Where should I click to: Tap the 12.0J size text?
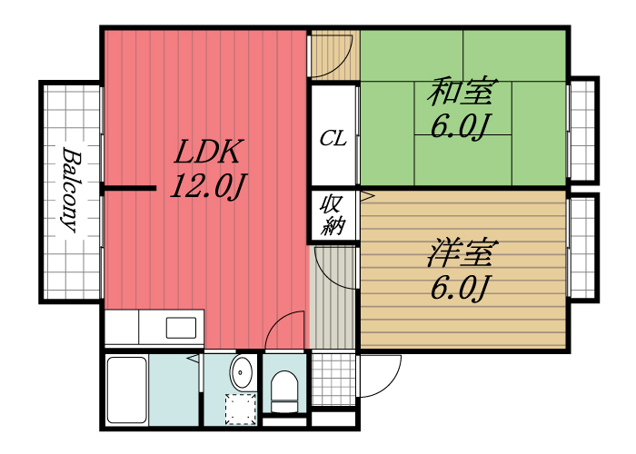209,188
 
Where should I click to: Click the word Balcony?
70,190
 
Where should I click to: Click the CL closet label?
333,139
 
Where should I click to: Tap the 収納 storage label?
333,216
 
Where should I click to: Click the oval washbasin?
242,372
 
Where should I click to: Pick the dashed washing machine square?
241,409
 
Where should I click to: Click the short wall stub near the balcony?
128,189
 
